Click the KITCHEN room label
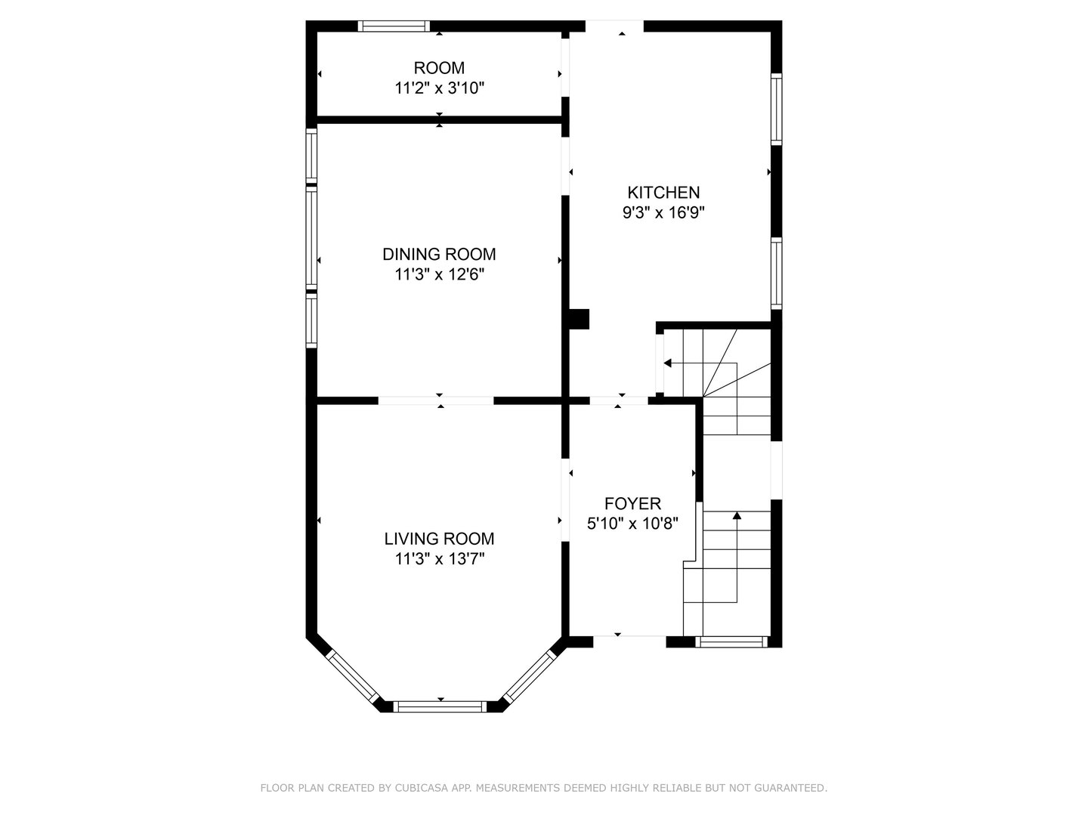[x=663, y=192]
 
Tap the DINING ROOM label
[x=439, y=254]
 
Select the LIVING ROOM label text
[x=439, y=539]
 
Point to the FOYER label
[x=632, y=503]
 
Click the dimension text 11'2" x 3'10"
[x=439, y=88]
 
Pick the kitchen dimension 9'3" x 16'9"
[x=663, y=212]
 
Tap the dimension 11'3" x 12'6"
[x=439, y=274]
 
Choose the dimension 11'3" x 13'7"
[x=439, y=559]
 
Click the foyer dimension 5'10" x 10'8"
[x=632, y=524]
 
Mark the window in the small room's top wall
[x=394, y=26]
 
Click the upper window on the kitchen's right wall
[x=776, y=109]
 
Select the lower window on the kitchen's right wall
[x=776, y=274]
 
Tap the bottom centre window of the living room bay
[x=440, y=706]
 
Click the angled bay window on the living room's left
[x=353, y=676]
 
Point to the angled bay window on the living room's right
[x=530, y=676]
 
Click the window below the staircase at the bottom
[x=731, y=642]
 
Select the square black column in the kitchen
[x=579, y=319]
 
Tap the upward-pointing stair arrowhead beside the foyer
[x=737, y=516]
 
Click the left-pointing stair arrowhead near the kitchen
[x=667, y=363]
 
